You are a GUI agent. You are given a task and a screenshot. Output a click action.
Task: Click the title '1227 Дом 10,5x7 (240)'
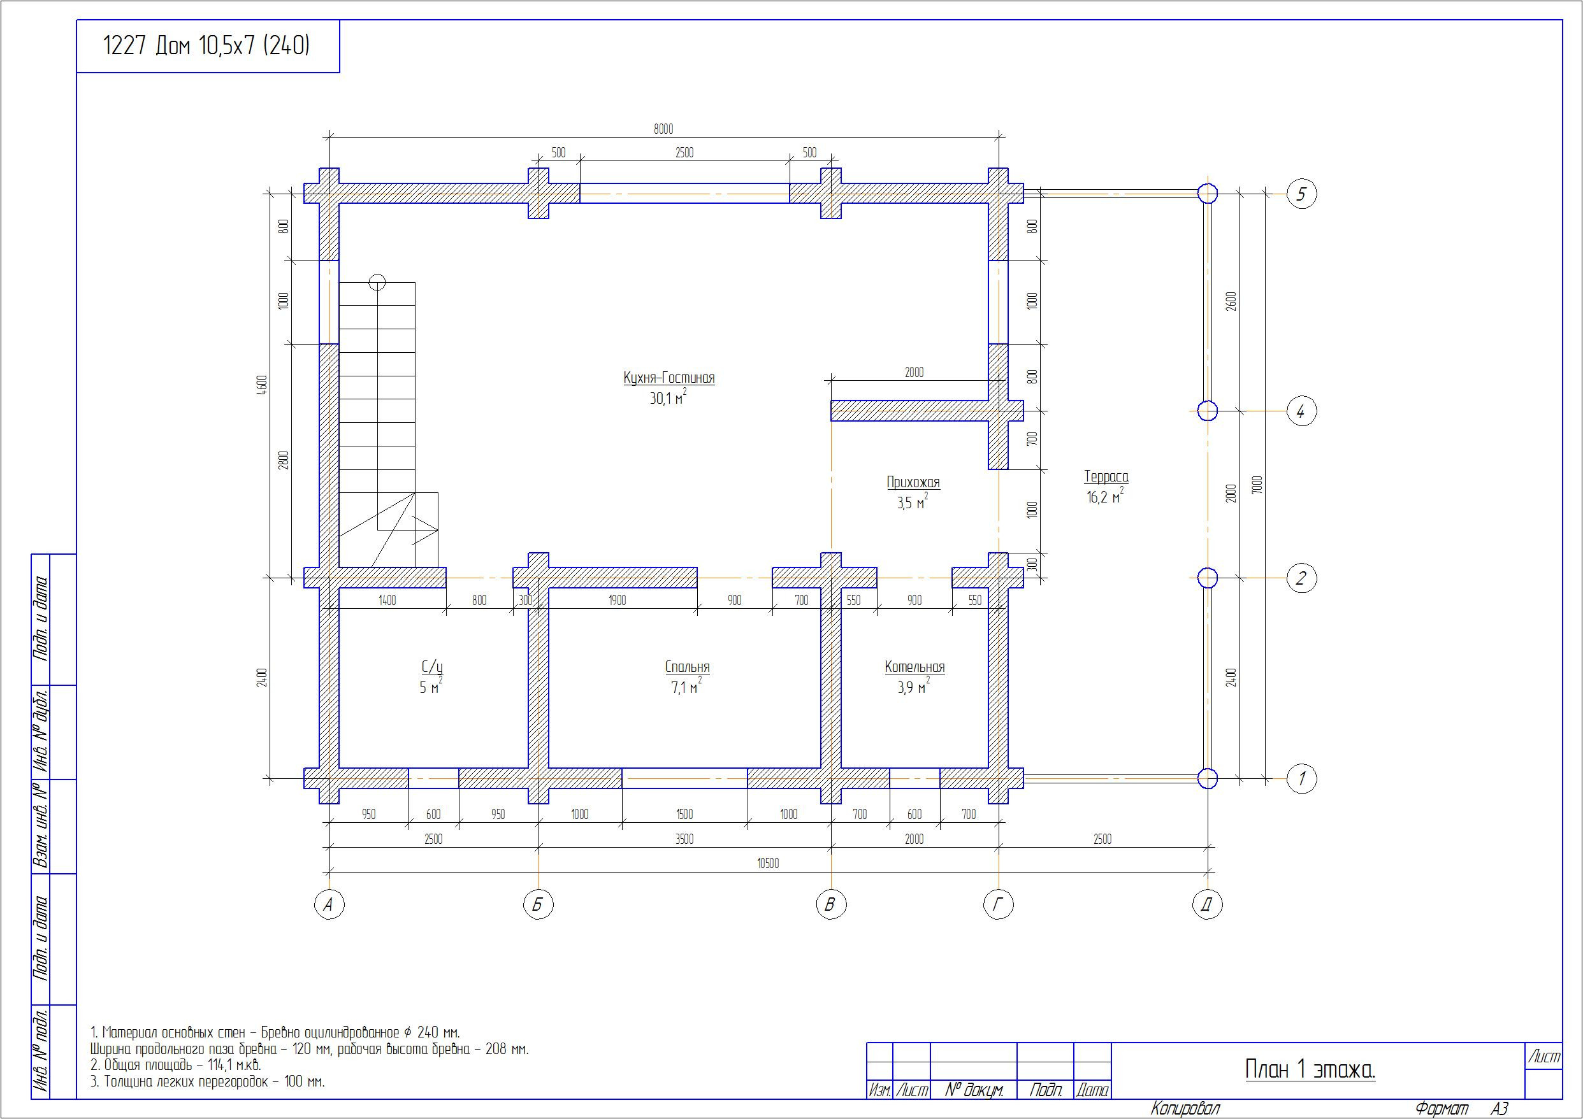pos(206,45)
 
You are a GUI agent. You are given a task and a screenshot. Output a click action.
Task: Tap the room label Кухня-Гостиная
pos(669,378)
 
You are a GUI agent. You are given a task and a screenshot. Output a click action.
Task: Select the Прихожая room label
pos(913,482)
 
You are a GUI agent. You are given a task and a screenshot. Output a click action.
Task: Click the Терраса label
pos(1106,476)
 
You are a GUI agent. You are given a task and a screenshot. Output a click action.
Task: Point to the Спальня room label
pos(687,666)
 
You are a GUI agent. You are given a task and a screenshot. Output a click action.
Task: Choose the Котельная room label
pos(914,666)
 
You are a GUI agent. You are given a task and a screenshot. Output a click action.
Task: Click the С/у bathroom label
pos(432,666)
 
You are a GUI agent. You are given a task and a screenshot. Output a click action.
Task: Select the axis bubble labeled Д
pos(1207,905)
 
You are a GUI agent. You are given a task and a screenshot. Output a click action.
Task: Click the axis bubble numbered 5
pos(1302,194)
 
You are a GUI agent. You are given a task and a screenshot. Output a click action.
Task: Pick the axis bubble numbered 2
pos(1302,578)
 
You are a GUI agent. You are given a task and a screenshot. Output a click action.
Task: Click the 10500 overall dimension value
pos(767,864)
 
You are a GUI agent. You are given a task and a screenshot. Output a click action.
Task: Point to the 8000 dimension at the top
pos(663,129)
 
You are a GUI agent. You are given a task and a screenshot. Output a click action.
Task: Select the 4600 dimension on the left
pos(261,387)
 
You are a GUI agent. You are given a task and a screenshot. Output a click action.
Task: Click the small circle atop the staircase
pos(377,283)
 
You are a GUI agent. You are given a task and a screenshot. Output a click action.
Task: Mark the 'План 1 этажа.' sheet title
pos(1310,1069)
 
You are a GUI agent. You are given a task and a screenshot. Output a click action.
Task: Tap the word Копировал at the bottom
pos(1185,1109)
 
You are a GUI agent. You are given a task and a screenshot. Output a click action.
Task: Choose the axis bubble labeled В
pos(831,905)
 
